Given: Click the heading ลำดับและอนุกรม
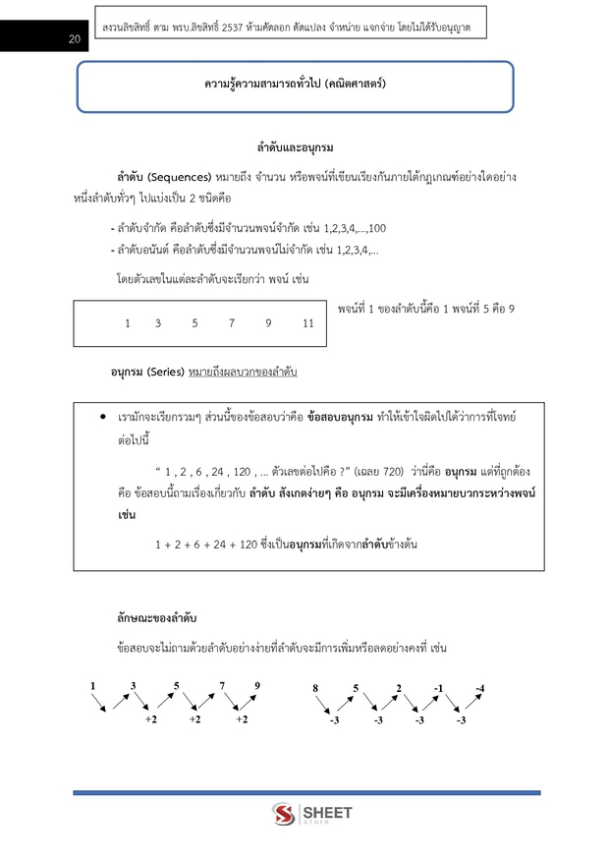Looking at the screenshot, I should pyautogui.click(x=295, y=147).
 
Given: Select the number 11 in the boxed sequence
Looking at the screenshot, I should pyautogui.click(x=308, y=323).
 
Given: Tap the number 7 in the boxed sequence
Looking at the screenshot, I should pyautogui.click(x=231, y=323).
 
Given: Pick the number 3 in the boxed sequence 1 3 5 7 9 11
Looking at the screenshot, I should pyautogui.click(x=157, y=323).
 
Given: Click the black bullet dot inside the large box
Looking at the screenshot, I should pyautogui.click(x=103, y=419).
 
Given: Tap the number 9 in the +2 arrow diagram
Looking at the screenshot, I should pyautogui.click(x=257, y=685).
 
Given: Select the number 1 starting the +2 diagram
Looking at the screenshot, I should pyautogui.click(x=92, y=685).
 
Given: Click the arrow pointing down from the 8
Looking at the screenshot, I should pyautogui.click(x=321, y=704).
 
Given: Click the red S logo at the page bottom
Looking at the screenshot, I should pyautogui.click(x=284, y=815).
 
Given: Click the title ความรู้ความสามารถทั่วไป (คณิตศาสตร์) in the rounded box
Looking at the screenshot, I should pyautogui.click(x=295, y=85).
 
